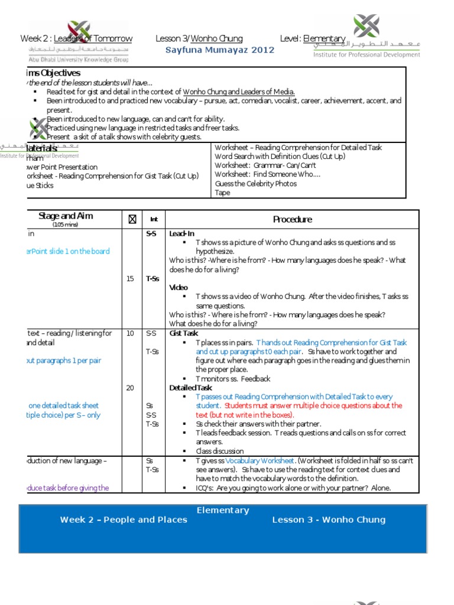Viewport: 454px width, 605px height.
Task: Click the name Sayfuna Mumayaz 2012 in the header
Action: click(x=220, y=50)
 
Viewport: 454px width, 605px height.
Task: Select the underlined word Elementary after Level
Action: click(x=324, y=39)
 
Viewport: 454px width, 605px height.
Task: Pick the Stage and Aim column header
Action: click(x=66, y=216)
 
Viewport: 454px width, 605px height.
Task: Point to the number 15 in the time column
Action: click(x=130, y=279)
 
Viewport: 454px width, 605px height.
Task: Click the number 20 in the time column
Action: click(x=130, y=388)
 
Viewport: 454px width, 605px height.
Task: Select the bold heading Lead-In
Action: click(x=181, y=234)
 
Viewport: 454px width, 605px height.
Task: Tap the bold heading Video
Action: click(x=179, y=287)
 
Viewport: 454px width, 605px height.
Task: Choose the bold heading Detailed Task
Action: click(x=190, y=388)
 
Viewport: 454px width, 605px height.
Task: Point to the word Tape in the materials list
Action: click(x=222, y=193)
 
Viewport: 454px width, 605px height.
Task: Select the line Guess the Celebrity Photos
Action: click(x=254, y=184)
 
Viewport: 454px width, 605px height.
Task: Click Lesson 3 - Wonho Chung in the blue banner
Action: click(x=328, y=520)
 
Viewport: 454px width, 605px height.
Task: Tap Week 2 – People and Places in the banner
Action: click(x=124, y=520)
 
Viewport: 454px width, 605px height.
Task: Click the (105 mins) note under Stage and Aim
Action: click(x=66, y=225)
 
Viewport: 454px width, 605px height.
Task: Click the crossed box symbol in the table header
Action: click(x=132, y=220)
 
